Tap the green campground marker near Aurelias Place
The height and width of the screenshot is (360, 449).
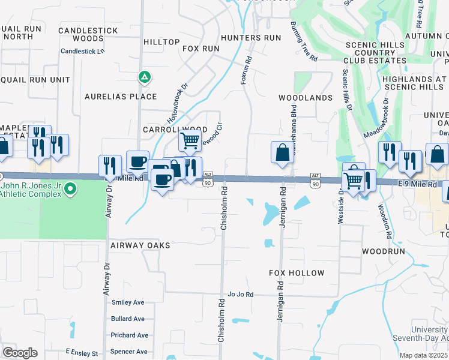tap(144, 77)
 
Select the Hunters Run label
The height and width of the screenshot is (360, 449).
tap(251, 37)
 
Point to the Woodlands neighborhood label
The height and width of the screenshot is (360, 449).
tap(306, 98)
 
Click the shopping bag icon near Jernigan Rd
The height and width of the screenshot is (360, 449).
tap(282, 153)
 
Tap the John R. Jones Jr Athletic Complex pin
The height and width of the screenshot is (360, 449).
tap(70, 190)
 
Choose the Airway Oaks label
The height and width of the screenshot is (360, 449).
tap(140, 245)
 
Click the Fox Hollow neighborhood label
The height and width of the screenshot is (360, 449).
tap(297, 273)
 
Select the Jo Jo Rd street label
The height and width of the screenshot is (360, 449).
tap(241, 295)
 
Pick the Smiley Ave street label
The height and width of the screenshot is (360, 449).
tap(128, 302)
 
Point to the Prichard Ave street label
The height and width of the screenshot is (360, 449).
tap(129, 335)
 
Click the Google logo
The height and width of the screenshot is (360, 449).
tap(20, 353)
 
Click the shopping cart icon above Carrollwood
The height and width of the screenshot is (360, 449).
tap(190, 141)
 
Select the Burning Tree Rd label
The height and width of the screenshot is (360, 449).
tap(304, 42)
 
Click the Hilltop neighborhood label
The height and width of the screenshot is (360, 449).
tap(162, 42)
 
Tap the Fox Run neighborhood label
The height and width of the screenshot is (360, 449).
tap(200, 48)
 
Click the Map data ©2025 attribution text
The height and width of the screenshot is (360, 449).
tap(424, 355)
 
